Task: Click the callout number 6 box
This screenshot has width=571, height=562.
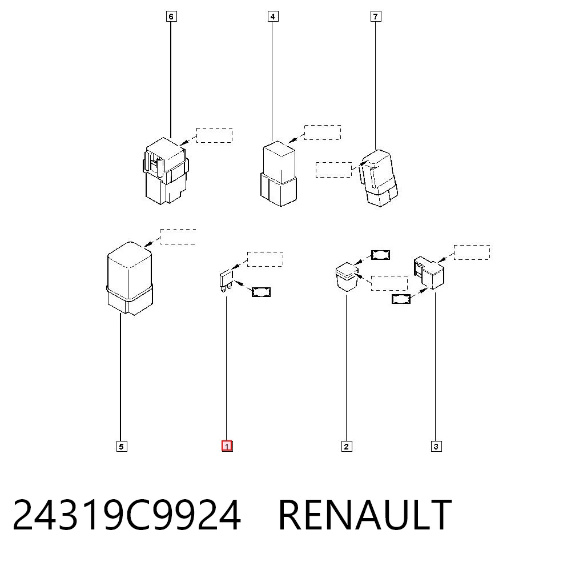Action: pos(171,17)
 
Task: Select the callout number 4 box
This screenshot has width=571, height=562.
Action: pos(273,17)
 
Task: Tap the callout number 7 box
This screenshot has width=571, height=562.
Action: pos(376,17)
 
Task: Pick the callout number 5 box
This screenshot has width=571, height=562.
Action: pos(122,446)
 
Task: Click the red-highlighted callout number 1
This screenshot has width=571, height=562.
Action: pos(227,446)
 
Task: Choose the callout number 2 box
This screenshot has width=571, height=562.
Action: pos(347,446)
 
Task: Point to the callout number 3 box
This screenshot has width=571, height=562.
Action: pos(436,446)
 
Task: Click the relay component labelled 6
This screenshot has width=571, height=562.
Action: pos(166,171)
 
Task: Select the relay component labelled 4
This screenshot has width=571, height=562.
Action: pos(279,174)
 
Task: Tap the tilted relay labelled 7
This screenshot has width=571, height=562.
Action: pos(379,178)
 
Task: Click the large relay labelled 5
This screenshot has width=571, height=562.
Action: pos(130,278)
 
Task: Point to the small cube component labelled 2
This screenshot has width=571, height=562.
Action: pos(347,276)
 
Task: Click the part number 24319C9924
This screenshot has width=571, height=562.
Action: pos(127,515)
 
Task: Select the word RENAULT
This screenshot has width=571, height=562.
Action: pos(365,515)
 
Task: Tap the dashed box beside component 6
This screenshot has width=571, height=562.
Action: pos(215,135)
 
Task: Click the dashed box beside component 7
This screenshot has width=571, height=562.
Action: pos(334,170)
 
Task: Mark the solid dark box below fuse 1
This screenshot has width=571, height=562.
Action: pos(261,292)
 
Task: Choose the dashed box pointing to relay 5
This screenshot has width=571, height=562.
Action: pos(178,237)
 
